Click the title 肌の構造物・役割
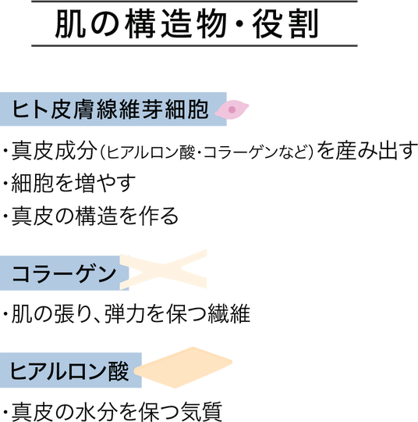pyautogui.click(x=186, y=23)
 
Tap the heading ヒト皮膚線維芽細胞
pyautogui.click(x=110, y=109)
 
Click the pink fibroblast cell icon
pyautogui.click(x=232, y=109)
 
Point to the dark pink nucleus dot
pyautogui.click(x=232, y=109)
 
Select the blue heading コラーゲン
pyautogui.click(x=64, y=274)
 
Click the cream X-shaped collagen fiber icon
pyautogui.click(x=163, y=270)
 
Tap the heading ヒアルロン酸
pyautogui.click(x=69, y=370)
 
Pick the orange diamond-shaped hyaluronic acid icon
pyautogui.click(x=183, y=367)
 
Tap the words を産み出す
pyautogui.click(x=367, y=150)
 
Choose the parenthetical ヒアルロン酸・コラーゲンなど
pyautogui.click(x=207, y=152)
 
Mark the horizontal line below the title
pyautogui.click(x=194, y=46)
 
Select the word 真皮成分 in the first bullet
pyautogui.click(x=55, y=150)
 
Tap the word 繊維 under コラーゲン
pyautogui.click(x=229, y=313)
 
